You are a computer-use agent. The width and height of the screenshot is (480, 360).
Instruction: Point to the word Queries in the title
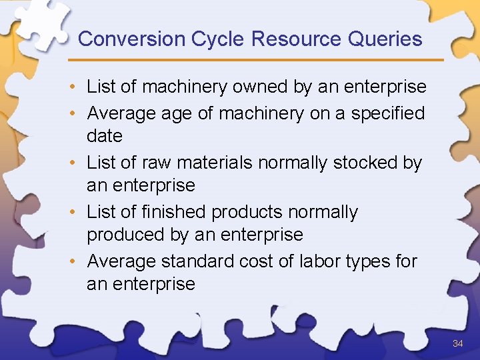[x=385, y=39]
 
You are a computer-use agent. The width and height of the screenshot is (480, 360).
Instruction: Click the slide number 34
[x=457, y=343]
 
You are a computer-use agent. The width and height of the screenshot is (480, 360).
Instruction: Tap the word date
[x=105, y=136]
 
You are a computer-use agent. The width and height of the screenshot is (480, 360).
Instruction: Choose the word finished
[x=175, y=212]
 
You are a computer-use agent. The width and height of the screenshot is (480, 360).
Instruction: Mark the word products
[x=247, y=212]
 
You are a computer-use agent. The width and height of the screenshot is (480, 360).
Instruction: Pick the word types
[x=367, y=261]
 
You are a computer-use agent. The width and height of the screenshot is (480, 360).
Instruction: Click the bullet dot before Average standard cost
[x=77, y=261]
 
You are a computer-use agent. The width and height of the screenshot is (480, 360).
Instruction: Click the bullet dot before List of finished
[x=77, y=212]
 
